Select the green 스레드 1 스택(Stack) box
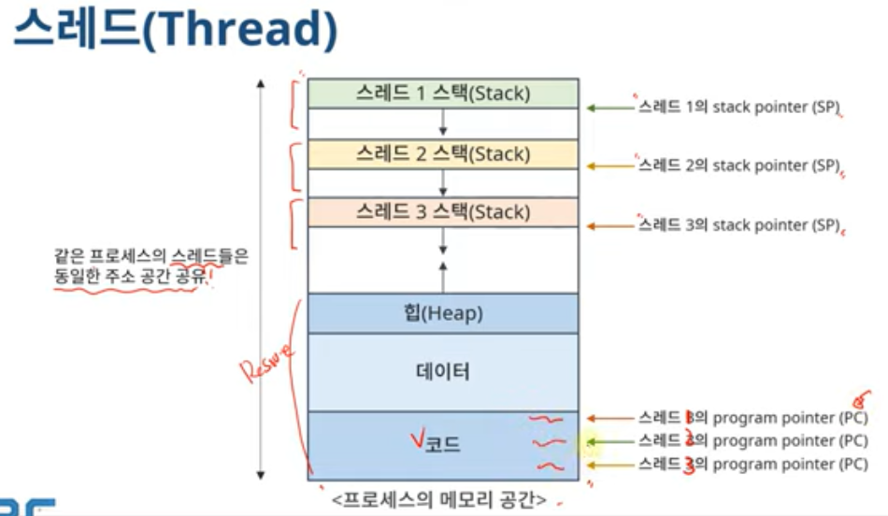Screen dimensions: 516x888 443,93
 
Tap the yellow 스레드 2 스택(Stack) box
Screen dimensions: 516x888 443,153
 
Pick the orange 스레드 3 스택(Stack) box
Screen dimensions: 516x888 443,212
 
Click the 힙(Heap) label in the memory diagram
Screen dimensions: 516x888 443,314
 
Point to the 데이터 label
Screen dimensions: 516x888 443,372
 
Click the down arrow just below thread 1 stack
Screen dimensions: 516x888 444,123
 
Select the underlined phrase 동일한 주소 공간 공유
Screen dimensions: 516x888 127,277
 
